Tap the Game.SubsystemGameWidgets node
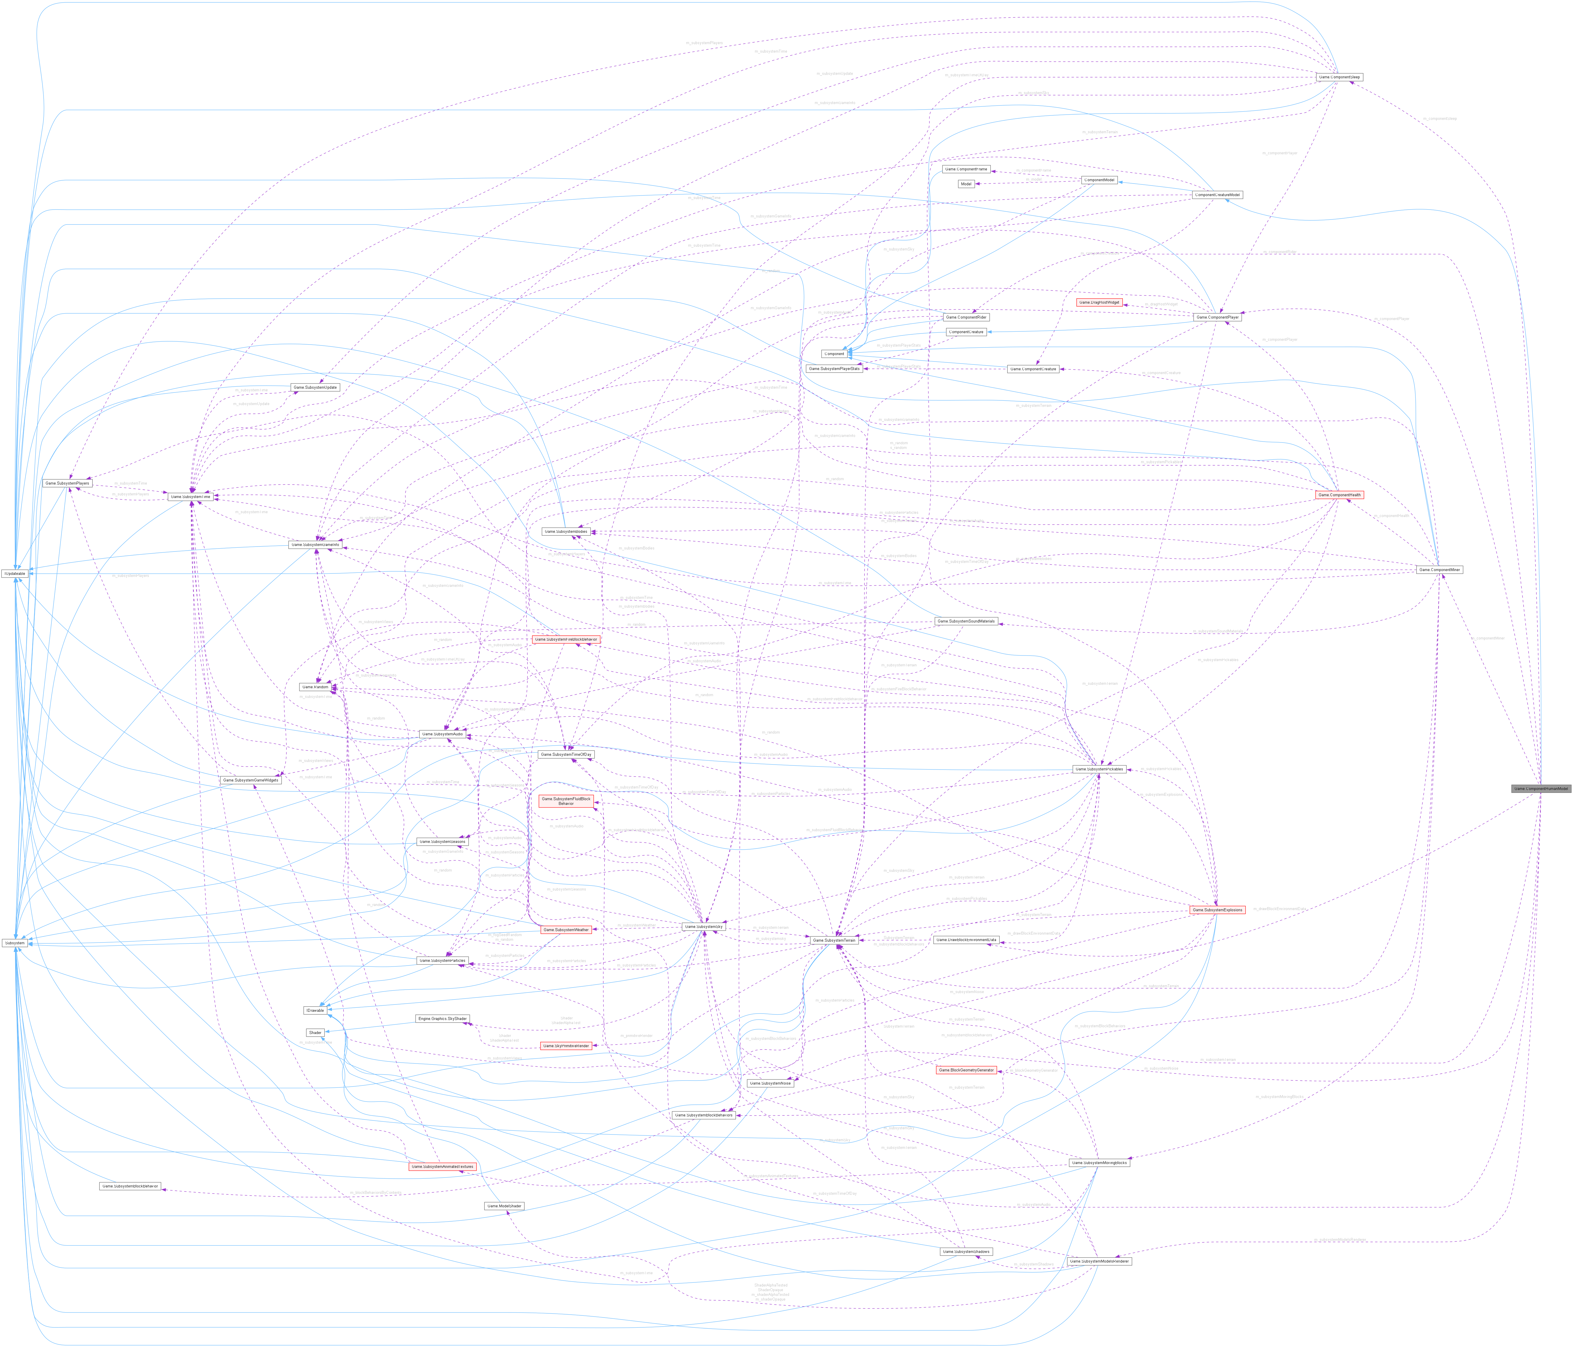pos(251,780)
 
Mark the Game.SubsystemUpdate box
pos(315,387)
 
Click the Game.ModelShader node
pos(504,1206)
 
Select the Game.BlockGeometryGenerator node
pos(966,1070)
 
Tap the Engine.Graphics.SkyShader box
pos(443,1019)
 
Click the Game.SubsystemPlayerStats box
pos(834,369)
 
